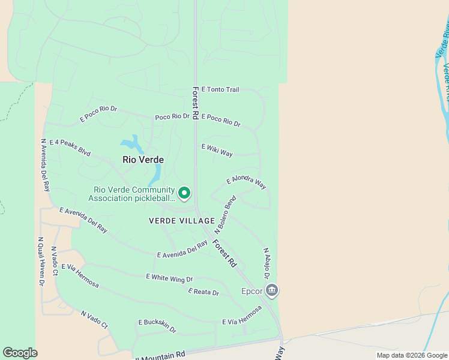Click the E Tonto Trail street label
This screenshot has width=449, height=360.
coord(220,90)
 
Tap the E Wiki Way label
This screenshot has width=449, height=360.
coord(217,150)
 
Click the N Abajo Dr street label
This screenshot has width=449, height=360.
coord(266,263)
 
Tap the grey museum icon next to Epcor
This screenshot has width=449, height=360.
coord(272,291)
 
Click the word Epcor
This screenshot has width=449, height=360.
coord(252,292)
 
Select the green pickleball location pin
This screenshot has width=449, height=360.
coord(184,193)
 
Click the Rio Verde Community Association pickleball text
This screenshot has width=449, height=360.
coord(132,194)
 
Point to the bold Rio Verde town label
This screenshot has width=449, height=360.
coord(143,160)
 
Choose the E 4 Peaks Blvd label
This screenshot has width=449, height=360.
coord(70,148)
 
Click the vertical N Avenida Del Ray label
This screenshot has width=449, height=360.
coord(44,165)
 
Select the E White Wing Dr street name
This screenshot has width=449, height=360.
coord(169,278)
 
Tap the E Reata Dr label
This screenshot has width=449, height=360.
coord(203,292)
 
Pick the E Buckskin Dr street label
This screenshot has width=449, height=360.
coord(157,326)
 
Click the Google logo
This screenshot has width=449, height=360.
coord(20,353)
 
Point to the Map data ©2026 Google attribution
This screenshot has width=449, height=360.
coord(411,355)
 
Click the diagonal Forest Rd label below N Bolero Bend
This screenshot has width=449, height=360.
coord(224,253)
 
